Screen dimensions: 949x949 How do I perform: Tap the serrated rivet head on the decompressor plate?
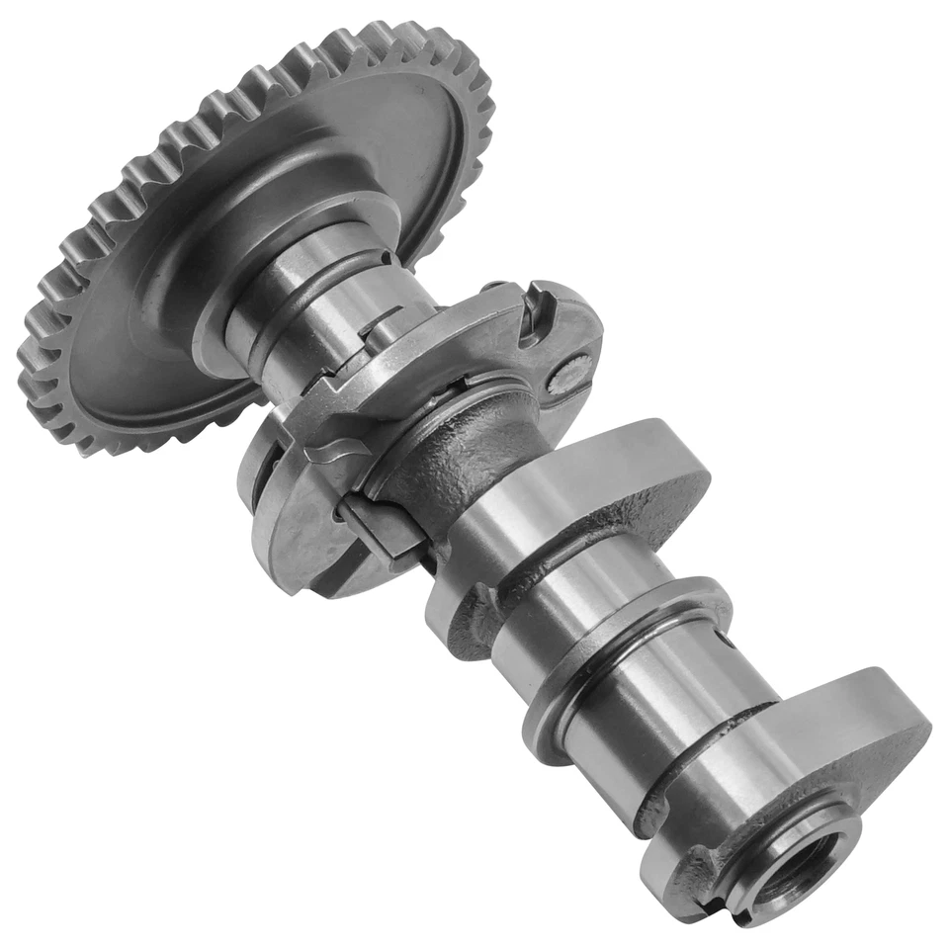pos(570,376)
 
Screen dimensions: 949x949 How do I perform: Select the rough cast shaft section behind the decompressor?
pos(450,465)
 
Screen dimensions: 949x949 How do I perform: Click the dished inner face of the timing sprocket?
pos(148,326)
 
